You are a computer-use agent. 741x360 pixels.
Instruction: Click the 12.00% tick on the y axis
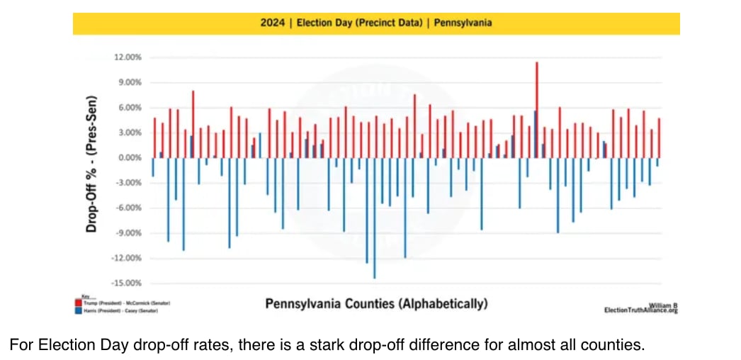(127, 57)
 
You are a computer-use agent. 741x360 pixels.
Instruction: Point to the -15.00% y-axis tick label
(125, 283)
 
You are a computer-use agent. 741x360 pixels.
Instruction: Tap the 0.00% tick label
(128, 158)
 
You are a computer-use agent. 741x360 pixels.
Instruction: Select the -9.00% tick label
(127, 233)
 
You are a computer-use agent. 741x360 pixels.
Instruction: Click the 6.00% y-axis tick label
(128, 108)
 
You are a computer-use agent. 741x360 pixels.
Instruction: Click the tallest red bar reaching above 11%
(536, 106)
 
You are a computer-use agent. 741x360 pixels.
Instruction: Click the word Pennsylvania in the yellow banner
(463, 23)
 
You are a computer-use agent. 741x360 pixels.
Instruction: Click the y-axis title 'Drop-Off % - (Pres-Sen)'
(92, 165)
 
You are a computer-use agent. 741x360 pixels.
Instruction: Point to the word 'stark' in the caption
(213, 346)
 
